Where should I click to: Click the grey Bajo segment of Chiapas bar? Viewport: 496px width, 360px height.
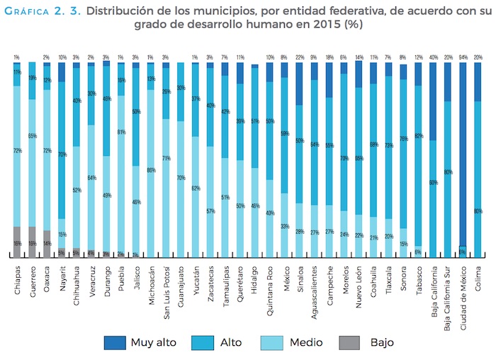[16, 242]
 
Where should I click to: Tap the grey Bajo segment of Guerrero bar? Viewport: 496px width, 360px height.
[31, 242]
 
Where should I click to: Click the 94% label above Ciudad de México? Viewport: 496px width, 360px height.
[463, 57]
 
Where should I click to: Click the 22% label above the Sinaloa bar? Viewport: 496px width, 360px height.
[299, 57]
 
